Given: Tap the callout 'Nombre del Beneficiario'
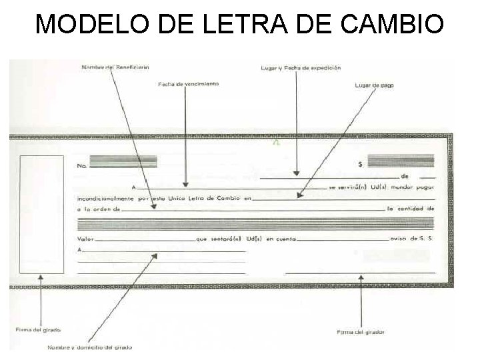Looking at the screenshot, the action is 115,67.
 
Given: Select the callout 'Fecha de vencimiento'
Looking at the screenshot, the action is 189,85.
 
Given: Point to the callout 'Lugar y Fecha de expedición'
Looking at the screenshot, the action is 300,68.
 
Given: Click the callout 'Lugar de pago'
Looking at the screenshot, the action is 374,85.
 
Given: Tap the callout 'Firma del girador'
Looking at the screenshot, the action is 361,331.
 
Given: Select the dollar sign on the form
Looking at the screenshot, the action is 360,163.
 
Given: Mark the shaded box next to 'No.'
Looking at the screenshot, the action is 123,161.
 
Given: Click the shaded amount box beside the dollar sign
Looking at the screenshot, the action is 401,161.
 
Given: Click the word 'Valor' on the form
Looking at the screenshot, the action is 85,238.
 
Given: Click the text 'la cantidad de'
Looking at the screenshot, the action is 411,209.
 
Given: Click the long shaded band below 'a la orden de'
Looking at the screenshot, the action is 256,223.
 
